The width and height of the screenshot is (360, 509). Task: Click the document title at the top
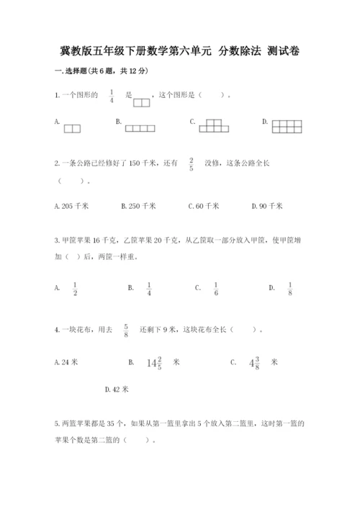(180, 51)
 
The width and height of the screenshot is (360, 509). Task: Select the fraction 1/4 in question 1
(112, 96)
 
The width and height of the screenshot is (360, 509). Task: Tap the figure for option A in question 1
(72, 129)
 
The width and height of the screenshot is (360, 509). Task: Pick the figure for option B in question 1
(140, 128)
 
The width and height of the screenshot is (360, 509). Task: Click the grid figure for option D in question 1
(289, 126)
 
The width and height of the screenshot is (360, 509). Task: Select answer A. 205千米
(71, 206)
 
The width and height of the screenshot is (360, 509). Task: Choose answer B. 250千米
(138, 206)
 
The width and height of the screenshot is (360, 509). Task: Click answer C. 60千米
(203, 206)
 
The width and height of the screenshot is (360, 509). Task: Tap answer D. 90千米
(267, 206)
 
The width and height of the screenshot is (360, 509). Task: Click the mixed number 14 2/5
(155, 364)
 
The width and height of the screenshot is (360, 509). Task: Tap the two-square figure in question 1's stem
(142, 102)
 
